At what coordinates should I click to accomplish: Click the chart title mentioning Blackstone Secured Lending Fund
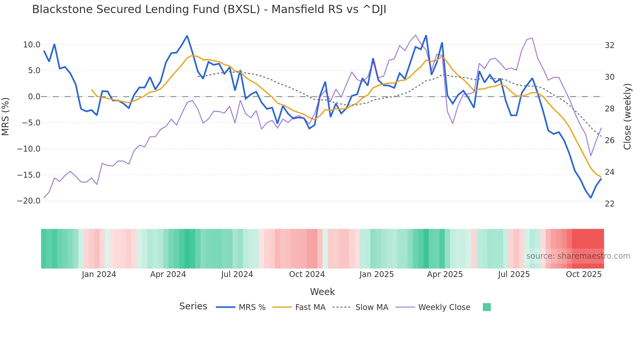209,9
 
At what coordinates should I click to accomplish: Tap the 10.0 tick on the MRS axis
32,45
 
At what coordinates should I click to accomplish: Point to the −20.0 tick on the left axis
29,201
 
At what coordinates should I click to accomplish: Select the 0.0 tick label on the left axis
34,97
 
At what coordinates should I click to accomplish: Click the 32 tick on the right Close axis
610,45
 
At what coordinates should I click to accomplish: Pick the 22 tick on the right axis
610,204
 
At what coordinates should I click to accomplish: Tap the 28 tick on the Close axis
610,109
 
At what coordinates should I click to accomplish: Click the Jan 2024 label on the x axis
99,274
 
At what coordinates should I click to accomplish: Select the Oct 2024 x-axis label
307,274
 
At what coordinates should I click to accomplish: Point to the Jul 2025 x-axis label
514,274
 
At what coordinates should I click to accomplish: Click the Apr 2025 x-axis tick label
445,274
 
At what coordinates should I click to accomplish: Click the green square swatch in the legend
487,307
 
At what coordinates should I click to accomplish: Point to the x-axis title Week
322,292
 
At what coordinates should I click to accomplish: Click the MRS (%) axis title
6,117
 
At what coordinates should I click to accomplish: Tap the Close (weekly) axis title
627,117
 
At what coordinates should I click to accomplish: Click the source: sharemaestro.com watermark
578,256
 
